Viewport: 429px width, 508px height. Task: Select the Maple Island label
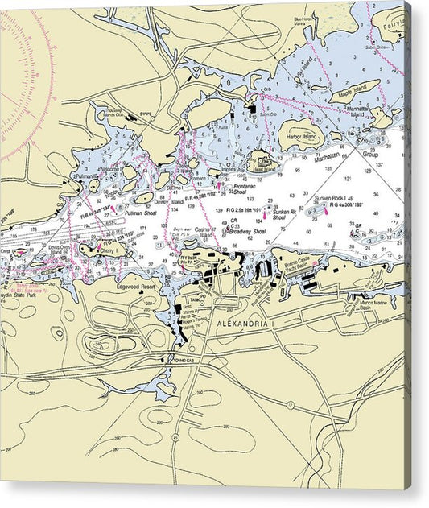[344, 86]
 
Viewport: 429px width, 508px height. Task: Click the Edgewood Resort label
[136, 286]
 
